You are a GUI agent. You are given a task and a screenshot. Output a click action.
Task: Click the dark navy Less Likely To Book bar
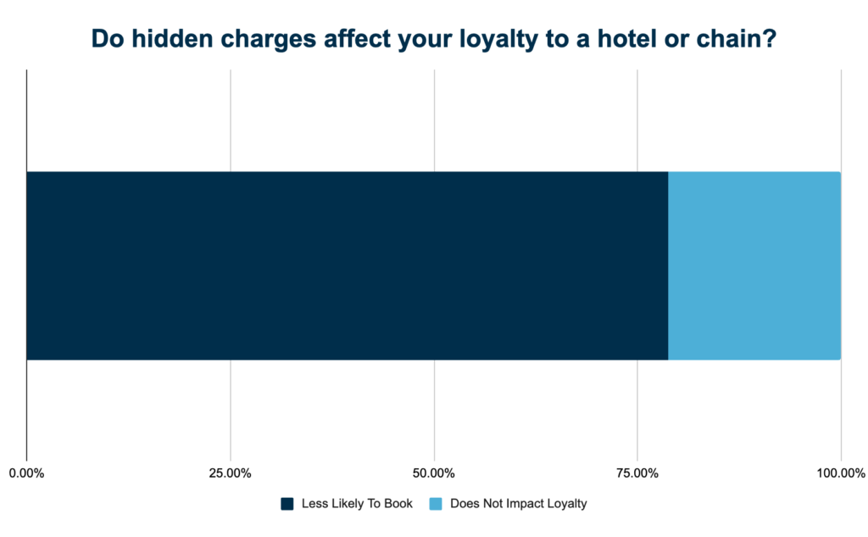348,266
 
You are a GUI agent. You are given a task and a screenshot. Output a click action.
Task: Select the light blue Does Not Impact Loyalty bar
754,266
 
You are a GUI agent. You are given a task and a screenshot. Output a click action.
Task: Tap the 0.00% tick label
26,473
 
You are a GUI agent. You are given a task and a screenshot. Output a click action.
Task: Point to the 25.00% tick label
230,473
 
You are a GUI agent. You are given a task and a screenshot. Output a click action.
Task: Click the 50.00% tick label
434,473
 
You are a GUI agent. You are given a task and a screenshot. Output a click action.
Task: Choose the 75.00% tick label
637,473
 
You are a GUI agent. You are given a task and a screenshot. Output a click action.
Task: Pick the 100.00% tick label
840,473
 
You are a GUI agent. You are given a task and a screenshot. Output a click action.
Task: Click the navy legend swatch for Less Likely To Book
287,504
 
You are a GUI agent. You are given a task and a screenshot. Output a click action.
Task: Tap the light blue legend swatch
436,504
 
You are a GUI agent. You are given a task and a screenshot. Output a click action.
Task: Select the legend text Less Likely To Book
357,504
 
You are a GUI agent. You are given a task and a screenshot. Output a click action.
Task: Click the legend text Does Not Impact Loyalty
519,504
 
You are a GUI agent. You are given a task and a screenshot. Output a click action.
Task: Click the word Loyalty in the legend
566,504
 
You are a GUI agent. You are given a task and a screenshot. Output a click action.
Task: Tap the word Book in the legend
398,504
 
